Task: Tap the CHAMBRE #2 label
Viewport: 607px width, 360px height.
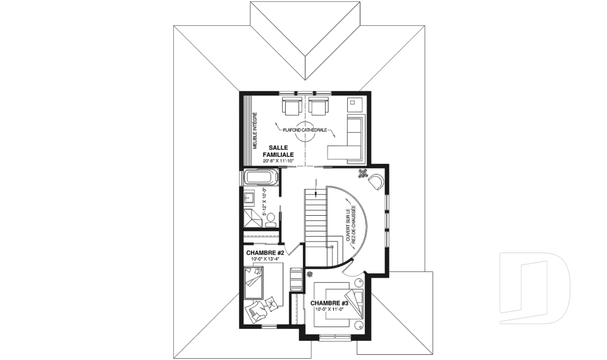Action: click(265, 253)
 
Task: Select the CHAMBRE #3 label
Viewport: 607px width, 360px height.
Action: click(330, 304)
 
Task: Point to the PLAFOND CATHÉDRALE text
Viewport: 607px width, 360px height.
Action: click(305, 130)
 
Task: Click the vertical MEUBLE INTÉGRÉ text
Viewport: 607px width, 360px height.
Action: click(255, 131)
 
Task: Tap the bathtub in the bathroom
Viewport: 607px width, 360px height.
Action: click(261, 178)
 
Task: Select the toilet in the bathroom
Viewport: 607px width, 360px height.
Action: click(271, 220)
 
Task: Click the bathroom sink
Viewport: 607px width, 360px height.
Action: click(248, 198)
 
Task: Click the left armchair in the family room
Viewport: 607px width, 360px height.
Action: click(291, 106)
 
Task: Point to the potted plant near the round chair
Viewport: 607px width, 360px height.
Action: click(363, 174)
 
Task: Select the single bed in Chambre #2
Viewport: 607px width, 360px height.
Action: click(254, 283)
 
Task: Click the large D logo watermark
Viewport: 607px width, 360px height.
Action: click(535, 288)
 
